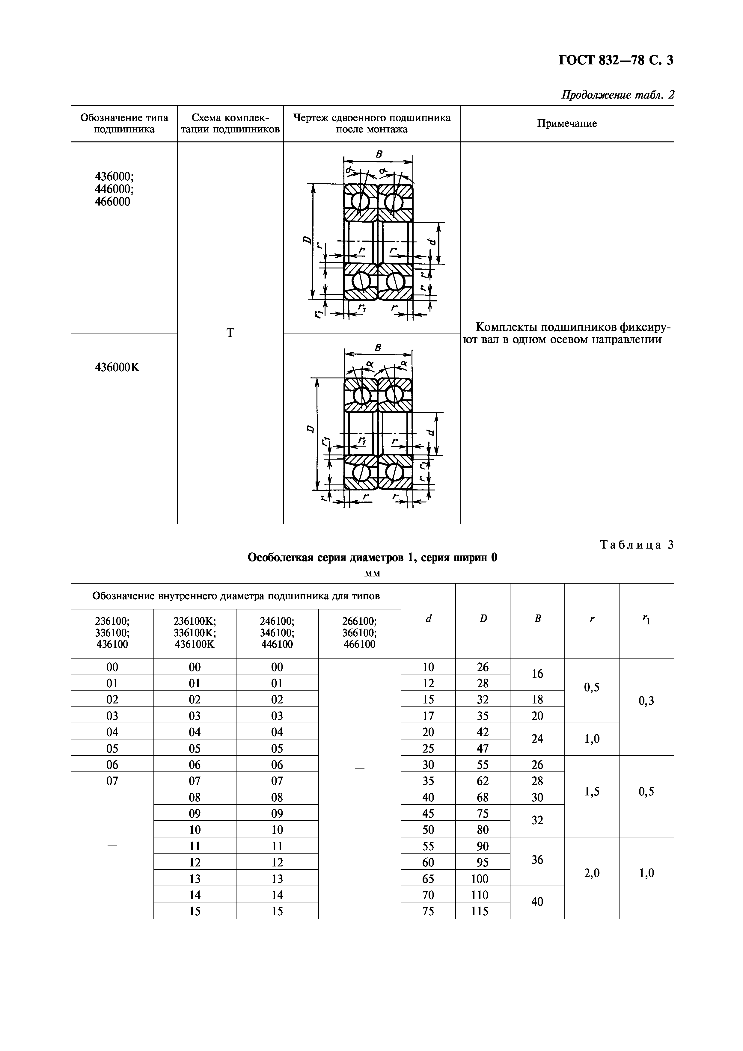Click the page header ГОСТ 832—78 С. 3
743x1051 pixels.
click(616, 61)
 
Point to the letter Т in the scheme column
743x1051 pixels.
click(230, 333)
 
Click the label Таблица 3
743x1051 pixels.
click(637, 544)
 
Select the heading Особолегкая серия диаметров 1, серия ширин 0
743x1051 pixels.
click(372, 558)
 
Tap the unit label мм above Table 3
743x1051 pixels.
click(372, 573)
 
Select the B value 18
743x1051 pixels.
click(537, 700)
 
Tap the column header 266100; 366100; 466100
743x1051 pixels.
click(359, 633)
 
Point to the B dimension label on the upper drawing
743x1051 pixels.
click(379, 155)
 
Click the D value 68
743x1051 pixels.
click(483, 798)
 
